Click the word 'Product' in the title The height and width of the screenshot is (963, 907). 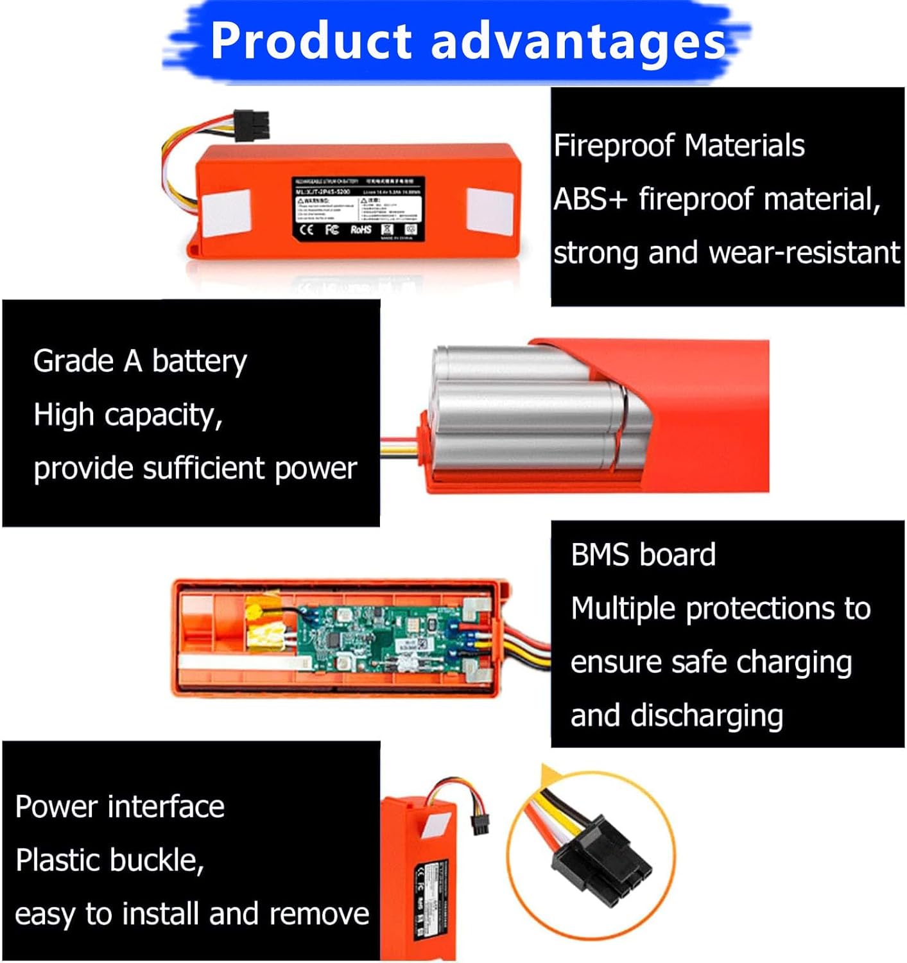[311, 41]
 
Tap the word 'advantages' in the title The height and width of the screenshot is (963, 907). [578, 41]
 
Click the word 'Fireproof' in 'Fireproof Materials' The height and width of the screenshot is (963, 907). [614, 146]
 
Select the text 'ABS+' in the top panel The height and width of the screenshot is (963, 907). [590, 199]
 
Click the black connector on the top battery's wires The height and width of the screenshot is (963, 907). [251, 126]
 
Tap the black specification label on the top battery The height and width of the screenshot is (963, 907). [358, 209]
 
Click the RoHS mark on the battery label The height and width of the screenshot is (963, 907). [361, 230]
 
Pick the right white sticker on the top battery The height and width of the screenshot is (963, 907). [489, 210]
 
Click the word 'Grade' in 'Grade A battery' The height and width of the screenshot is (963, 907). [73, 361]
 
